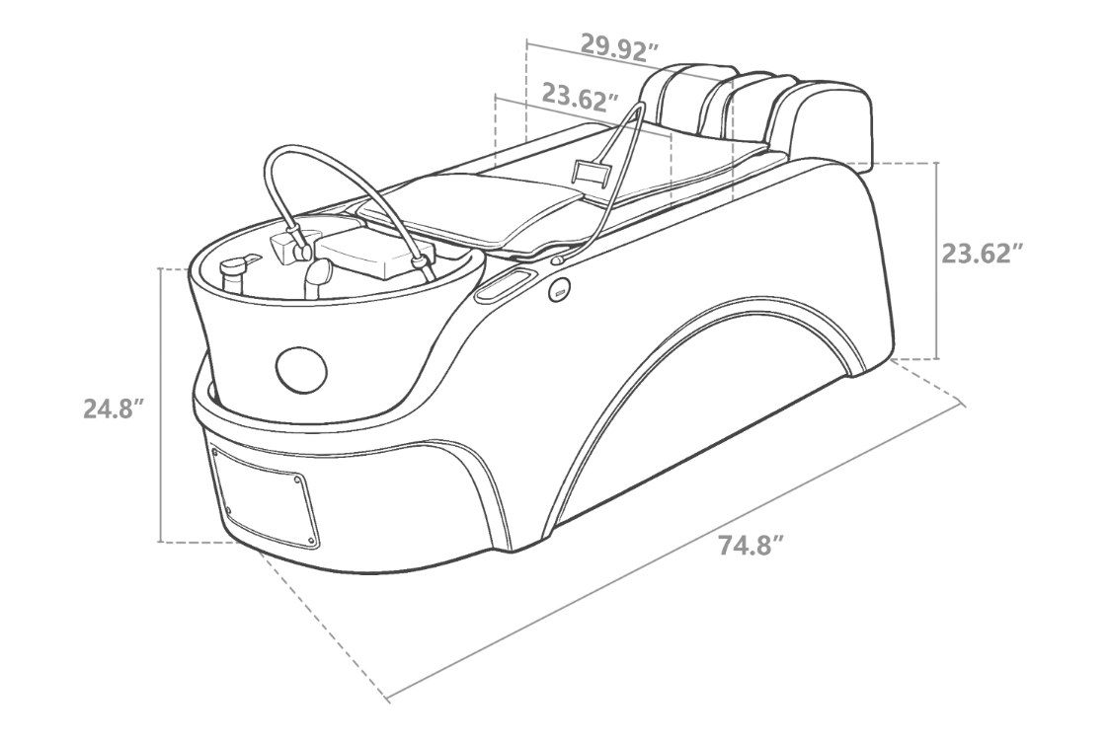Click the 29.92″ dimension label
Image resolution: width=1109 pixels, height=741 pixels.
coord(620,47)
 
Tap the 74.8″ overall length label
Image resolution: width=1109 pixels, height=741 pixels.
coord(751,546)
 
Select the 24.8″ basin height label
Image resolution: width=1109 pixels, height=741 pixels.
coord(115,408)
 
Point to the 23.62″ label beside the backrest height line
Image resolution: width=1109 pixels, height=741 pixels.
coord(983,253)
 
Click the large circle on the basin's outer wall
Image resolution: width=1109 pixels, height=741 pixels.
coord(301,369)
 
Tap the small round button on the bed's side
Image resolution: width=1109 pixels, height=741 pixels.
coord(560,289)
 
